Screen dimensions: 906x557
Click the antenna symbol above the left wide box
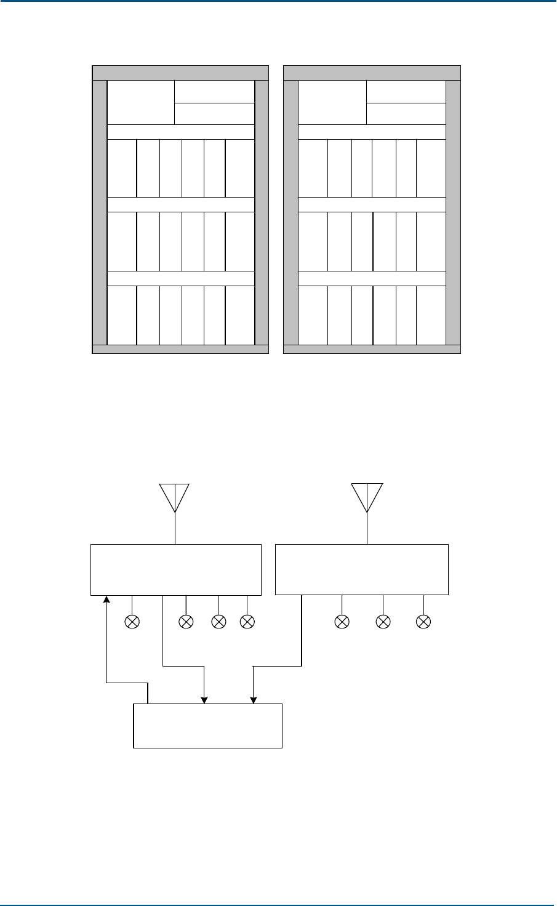point(175,496)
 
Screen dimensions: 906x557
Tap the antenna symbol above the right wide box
point(367,496)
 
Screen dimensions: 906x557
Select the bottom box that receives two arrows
point(207,726)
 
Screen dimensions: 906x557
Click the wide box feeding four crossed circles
point(176,569)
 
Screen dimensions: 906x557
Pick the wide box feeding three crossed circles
point(361,569)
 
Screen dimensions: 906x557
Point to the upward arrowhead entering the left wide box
point(108,599)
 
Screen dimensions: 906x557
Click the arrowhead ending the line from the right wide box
point(253,700)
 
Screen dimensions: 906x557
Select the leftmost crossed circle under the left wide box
point(132,622)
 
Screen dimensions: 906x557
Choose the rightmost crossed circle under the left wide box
point(247,622)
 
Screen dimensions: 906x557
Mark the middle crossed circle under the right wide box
point(383,622)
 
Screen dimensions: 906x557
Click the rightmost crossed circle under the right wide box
point(423,622)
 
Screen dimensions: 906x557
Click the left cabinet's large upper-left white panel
point(140,102)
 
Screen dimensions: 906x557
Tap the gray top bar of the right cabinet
point(372,72)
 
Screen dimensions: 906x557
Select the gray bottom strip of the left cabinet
point(180,350)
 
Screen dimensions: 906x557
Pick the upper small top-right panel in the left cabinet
point(214,91)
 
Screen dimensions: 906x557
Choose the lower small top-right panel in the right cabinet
point(406,113)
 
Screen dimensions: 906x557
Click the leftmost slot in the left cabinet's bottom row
point(122,315)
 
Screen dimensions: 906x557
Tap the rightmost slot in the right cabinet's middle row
point(431,241)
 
